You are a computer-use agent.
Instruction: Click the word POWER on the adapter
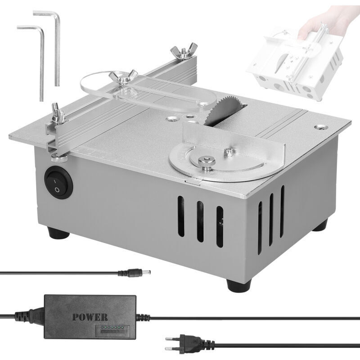(x=90, y=316)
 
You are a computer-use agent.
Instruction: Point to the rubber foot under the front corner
(x=237, y=284)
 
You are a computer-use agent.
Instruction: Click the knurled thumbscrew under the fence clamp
(x=58, y=159)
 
